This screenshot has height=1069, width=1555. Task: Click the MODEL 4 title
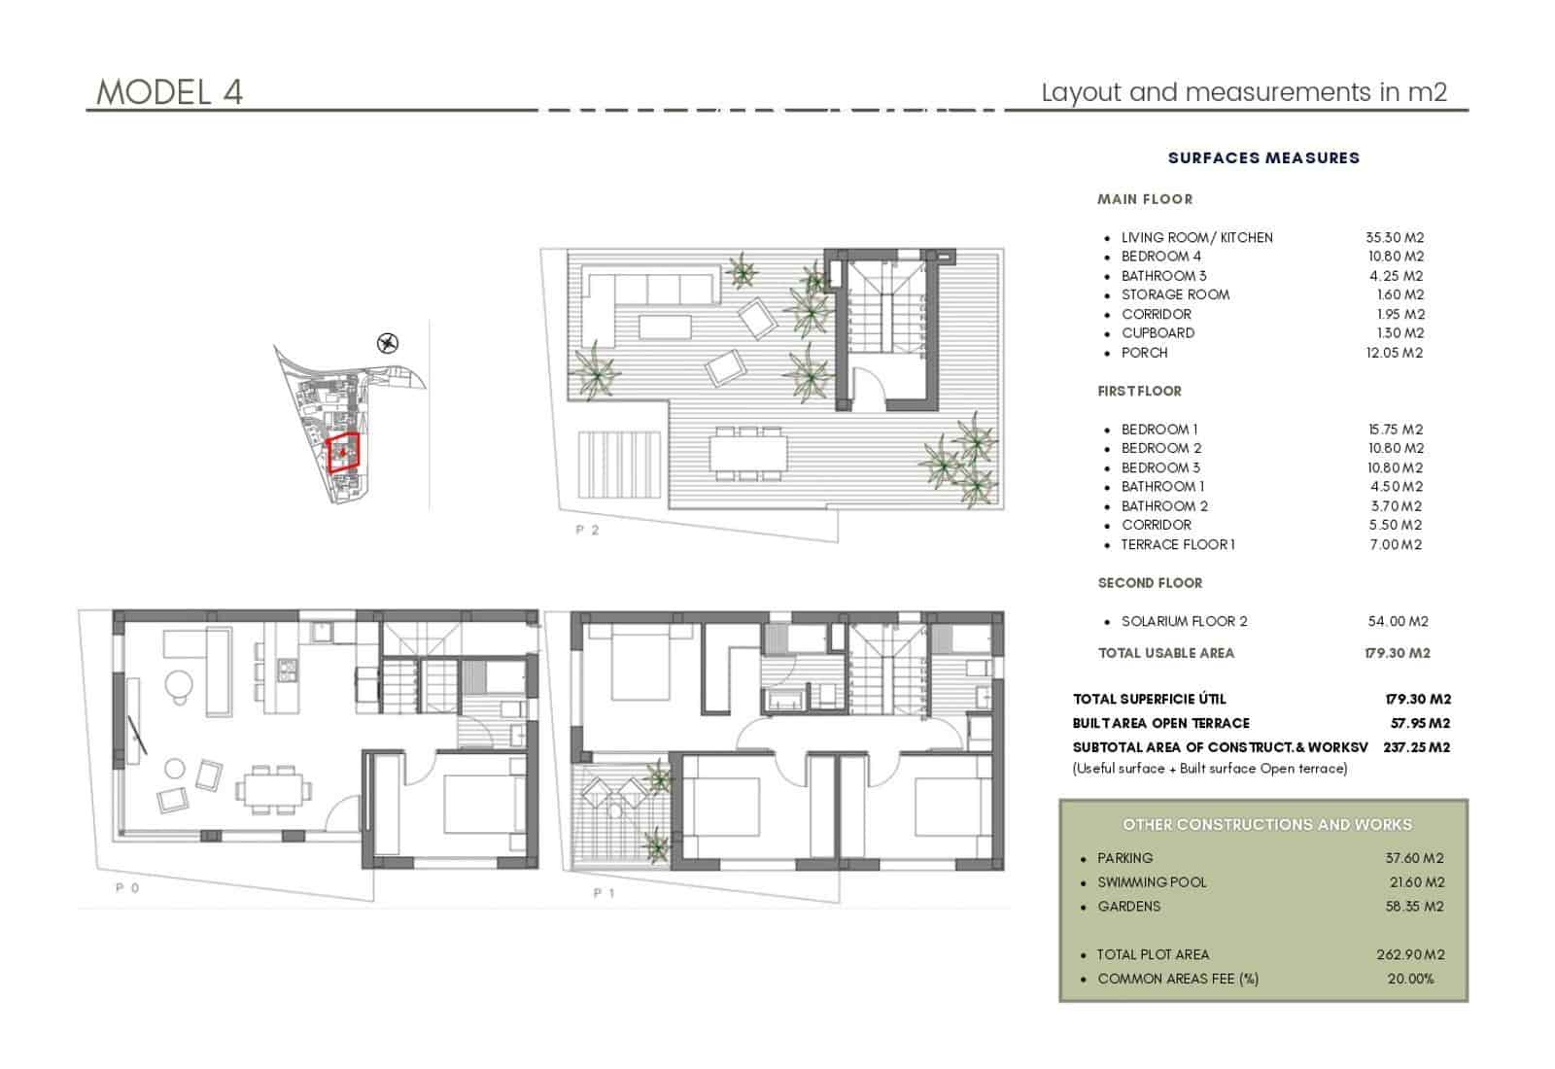169,92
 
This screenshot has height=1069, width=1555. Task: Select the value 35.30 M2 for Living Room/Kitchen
1395,237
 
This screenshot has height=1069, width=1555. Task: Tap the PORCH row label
1144,353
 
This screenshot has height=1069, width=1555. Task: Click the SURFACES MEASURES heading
1263,157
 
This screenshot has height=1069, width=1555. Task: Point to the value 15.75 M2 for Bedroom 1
1395,430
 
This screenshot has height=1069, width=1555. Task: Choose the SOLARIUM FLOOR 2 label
1184,621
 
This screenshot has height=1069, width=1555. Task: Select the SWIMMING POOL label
1152,882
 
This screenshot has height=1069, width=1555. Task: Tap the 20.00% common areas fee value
1410,979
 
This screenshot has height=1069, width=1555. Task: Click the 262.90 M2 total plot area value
1410,954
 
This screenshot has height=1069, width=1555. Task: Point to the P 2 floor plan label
587,531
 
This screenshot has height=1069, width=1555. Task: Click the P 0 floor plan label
127,888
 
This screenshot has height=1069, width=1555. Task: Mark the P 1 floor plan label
604,893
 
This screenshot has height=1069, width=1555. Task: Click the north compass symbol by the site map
388,342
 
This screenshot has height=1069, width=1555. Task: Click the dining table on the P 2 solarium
746,453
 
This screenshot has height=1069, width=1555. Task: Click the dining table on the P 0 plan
271,788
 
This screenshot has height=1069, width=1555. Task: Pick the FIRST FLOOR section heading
1139,391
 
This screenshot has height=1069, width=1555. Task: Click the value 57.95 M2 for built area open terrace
1420,723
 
